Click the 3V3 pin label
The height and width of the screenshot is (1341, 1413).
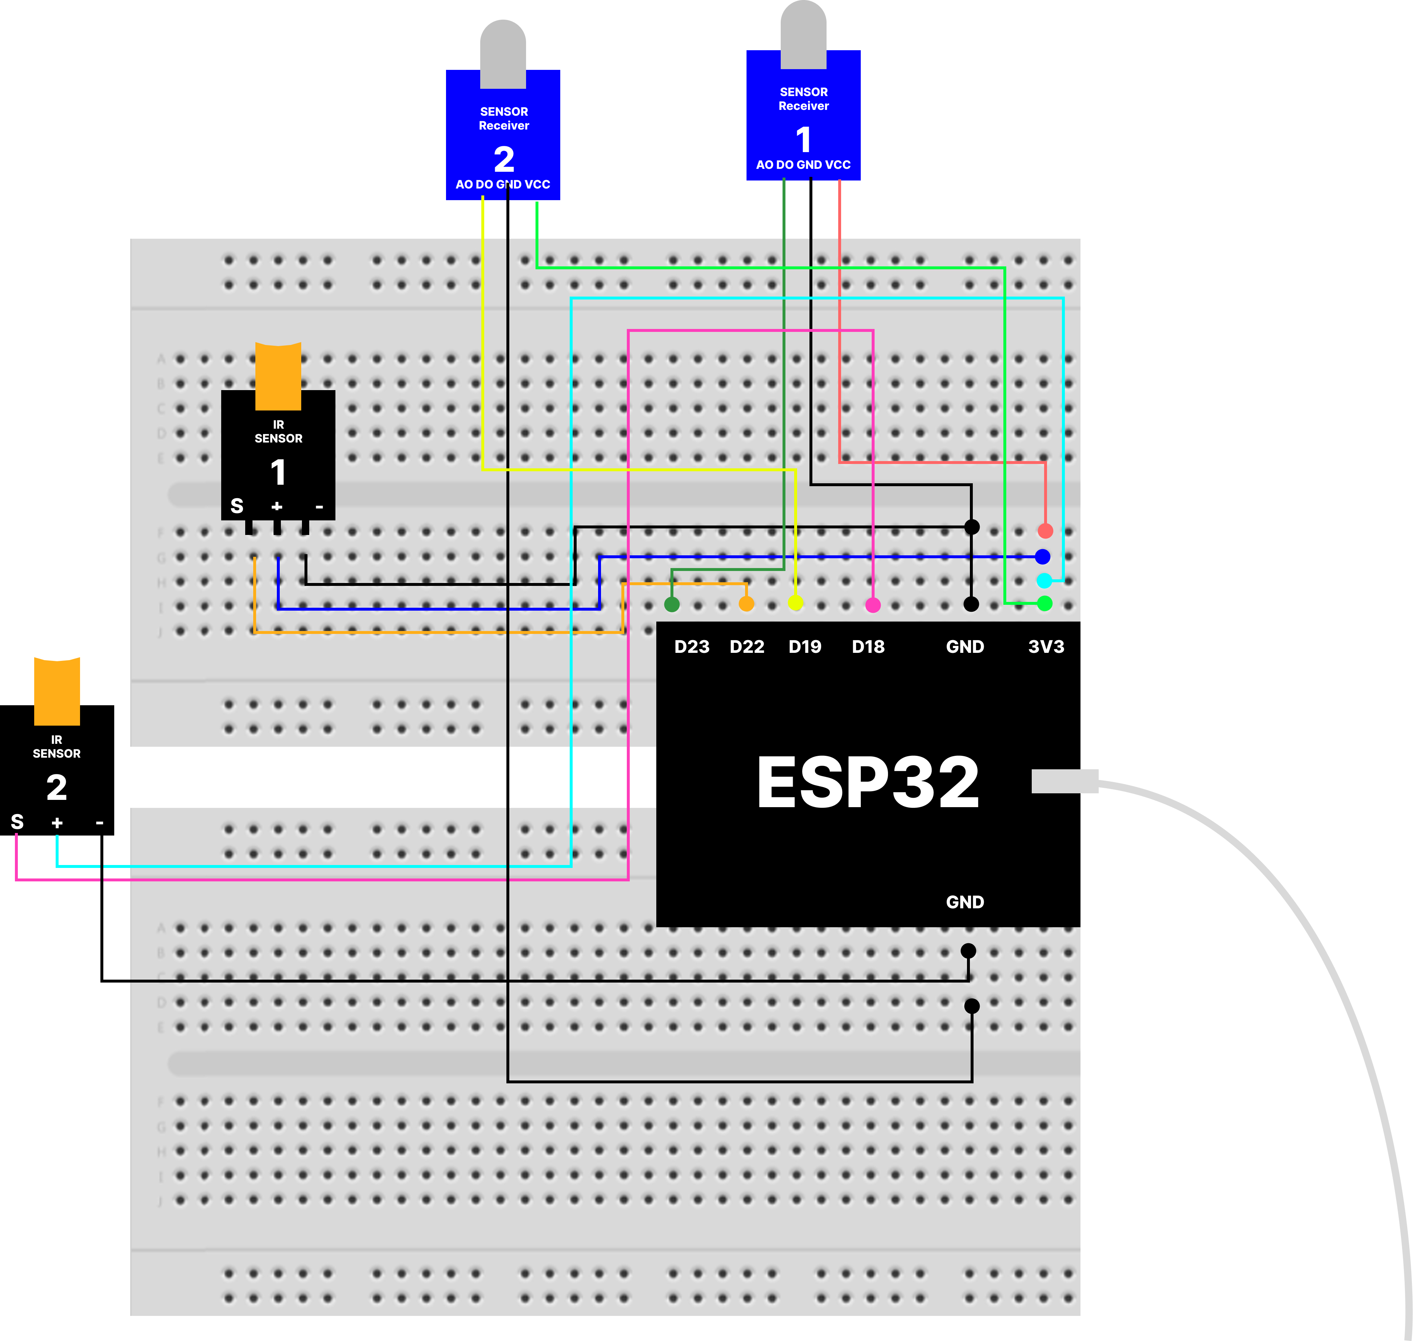1046,647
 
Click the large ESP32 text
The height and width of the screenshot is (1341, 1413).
868,783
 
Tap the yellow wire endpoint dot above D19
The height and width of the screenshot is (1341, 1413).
796,603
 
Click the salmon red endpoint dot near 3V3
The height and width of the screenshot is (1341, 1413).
1045,531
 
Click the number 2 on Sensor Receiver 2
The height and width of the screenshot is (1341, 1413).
504,159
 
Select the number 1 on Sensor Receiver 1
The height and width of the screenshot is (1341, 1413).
803,139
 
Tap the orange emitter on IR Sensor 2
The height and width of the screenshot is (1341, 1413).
57,691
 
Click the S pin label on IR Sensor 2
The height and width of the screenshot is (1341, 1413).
17,822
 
